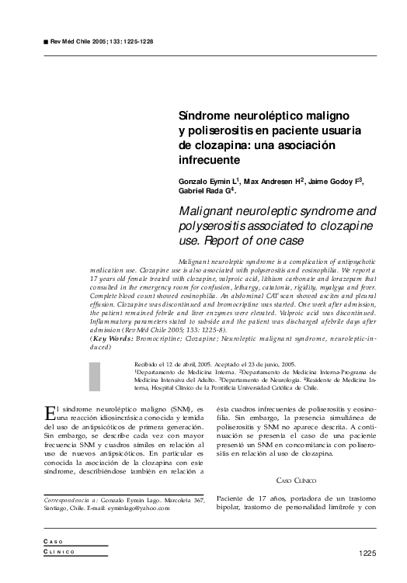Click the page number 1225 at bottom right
click(367, 553)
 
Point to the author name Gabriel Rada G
click(205, 191)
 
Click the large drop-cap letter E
click(50, 412)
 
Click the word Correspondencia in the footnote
click(67, 498)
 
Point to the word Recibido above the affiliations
click(148, 363)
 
